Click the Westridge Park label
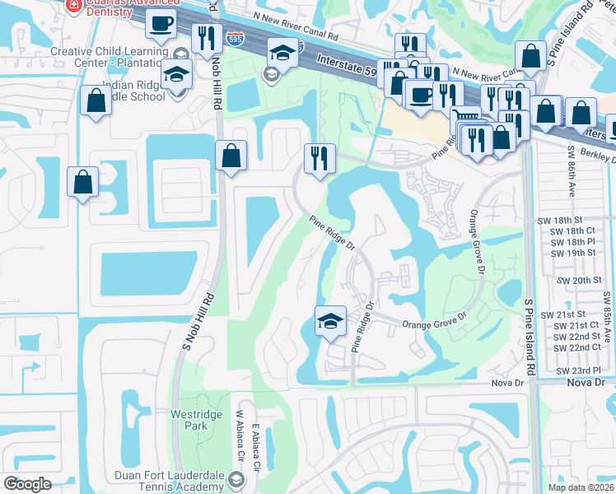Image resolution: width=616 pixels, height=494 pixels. (196, 420)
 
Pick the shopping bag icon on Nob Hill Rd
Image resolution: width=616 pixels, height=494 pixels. (231, 154)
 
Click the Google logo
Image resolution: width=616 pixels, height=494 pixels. (27, 484)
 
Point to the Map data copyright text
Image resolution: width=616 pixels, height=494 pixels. (581, 487)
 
